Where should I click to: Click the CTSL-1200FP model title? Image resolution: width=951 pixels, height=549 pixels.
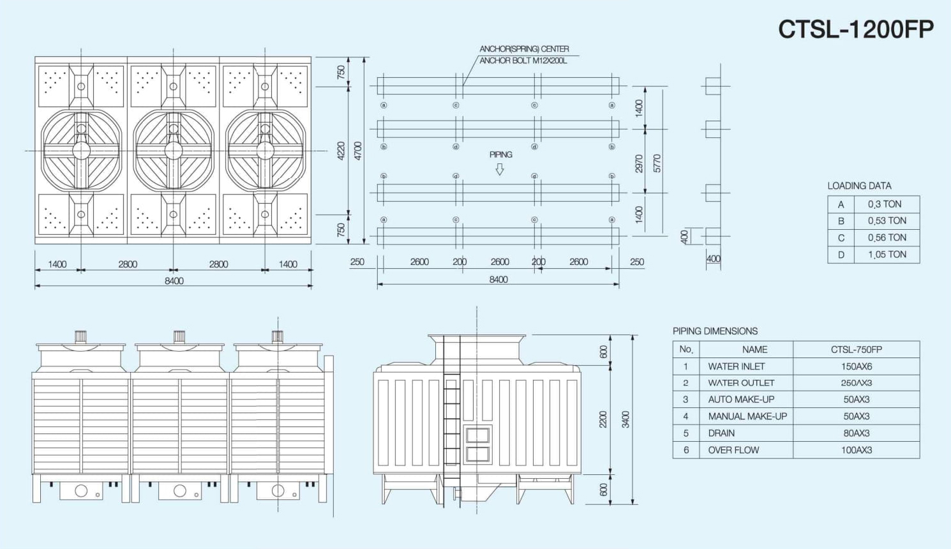pos(855,29)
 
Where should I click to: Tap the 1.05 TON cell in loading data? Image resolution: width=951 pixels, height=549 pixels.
pos(887,254)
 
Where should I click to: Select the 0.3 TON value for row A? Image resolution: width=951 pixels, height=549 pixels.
pos(885,204)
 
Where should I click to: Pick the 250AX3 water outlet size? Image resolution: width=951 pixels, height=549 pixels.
pos(856,383)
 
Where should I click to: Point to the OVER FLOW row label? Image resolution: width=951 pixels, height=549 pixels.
pos(733,450)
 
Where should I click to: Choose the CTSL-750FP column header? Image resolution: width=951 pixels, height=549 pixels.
pos(856,349)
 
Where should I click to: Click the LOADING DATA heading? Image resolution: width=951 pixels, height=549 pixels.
pos(859,186)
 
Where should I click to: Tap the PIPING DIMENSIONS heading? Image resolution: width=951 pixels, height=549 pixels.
pos(715,331)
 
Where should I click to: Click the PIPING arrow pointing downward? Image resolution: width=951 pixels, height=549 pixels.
pos(500,169)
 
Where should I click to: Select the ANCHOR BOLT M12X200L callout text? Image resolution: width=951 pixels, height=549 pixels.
pos(523,61)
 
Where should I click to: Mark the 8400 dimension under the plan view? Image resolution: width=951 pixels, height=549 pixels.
pos(174,281)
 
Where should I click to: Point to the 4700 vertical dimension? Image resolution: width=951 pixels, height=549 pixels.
pos(358,151)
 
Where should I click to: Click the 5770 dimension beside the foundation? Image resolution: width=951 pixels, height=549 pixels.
pos(657,163)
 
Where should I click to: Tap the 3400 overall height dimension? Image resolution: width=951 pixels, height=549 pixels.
pos(625,419)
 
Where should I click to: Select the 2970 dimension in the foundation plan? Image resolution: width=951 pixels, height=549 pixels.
pos(639,163)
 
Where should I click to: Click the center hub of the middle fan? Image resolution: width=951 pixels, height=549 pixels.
pos(174,151)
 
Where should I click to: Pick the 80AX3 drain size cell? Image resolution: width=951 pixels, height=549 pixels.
pos(856,433)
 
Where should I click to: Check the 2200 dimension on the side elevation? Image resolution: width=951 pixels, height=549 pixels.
pos(603,419)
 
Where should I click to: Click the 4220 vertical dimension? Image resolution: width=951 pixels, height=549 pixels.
pos(341,151)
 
